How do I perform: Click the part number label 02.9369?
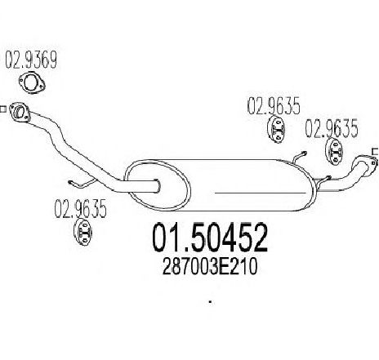coord(31,60)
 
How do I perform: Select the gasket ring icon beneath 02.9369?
coord(32,83)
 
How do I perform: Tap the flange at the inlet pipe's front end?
coord(19,112)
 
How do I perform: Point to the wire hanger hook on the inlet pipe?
coord(82,184)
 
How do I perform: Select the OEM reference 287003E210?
coord(209,267)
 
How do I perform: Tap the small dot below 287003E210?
coord(210,302)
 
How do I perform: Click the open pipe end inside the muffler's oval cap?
coord(158,186)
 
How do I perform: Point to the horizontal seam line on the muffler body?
coord(260,193)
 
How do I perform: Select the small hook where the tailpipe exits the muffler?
coord(324,179)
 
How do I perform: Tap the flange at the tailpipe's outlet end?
coord(364,164)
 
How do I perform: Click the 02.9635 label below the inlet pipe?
coord(80,209)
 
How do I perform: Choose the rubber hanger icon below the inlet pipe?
coord(83,232)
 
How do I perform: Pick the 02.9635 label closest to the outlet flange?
coord(331,129)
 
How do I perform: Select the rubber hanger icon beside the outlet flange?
coord(335,152)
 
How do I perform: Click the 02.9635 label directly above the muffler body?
coord(274,105)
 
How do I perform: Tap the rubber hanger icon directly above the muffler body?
coord(276,130)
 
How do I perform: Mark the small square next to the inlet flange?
coord(2,109)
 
